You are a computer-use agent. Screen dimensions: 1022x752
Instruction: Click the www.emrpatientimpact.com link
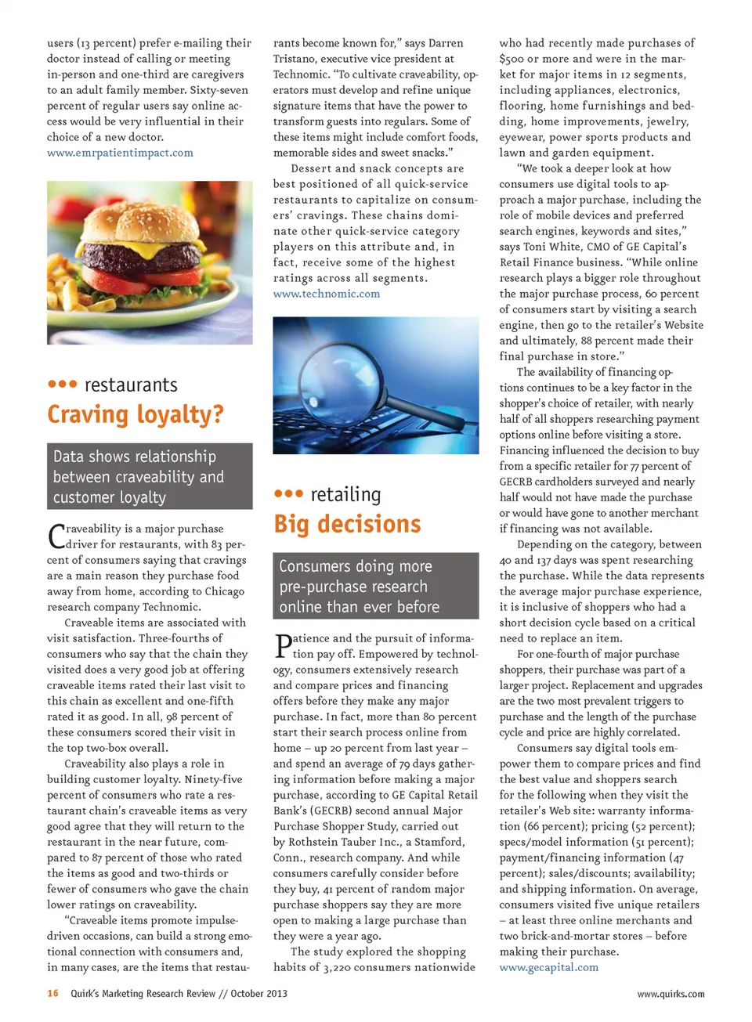click(x=120, y=153)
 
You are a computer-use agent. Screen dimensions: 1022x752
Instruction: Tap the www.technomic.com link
click(x=326, y=294)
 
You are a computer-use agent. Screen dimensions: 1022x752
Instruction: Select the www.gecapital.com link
click(x=548, y=967)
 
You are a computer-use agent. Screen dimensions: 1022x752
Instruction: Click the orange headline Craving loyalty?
click(x=136, y=413)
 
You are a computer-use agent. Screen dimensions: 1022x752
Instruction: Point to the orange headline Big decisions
click(x=347, y=523)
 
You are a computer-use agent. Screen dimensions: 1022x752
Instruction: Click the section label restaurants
click(x=131, y=385)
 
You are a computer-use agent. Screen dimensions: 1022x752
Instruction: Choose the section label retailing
click(x=345, y=494)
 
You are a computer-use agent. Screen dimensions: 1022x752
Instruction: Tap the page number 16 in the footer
click(x=52, y=993)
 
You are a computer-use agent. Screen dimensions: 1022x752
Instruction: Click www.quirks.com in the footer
click(x=670, y=994)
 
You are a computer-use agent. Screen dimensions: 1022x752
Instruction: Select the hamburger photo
click(x=150, y=262)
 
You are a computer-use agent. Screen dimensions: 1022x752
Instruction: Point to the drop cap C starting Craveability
click(x=56, y=536)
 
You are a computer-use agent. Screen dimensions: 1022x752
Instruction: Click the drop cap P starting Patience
click(x=282, y=645)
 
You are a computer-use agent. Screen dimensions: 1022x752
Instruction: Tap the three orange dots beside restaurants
click(x=62, y=384)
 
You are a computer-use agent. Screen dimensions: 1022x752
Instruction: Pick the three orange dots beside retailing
click(x=288, y=493)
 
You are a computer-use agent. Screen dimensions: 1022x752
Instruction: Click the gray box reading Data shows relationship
click(x=150, y=476)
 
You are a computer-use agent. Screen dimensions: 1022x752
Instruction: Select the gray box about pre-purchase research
click(x=375, y=586)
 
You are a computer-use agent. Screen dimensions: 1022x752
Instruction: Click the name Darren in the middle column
click(x=445, y=43)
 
